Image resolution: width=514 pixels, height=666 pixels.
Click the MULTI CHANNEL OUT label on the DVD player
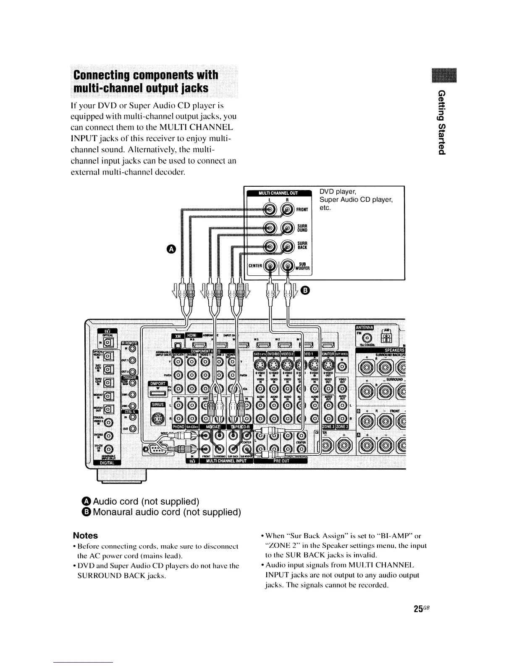(278, 193)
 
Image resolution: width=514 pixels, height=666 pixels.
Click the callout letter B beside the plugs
(305, 290)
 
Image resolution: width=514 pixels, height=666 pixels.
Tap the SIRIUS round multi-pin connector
(157, 420)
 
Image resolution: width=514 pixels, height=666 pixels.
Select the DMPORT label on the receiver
(158, 384)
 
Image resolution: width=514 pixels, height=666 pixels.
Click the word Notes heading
(85, 536)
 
